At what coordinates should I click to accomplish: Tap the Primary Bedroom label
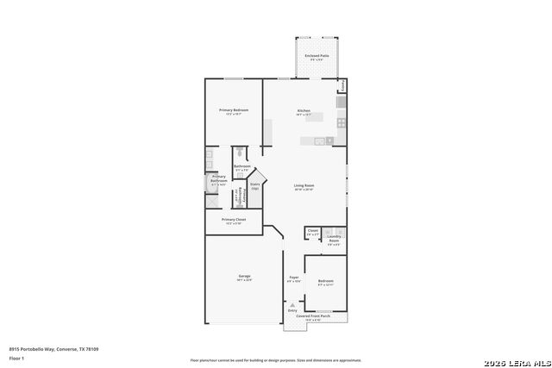(234, 110)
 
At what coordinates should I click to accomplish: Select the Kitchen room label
(304, 110)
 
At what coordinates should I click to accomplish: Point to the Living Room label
(304, 185)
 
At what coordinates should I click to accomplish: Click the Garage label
(245, 276)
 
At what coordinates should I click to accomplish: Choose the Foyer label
(293, 278)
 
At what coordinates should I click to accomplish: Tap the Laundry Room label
(333, 239)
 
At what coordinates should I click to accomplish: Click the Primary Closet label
(233, 220)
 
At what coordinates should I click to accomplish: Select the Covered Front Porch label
(314, 316)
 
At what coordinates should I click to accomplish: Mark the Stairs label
(255, 184)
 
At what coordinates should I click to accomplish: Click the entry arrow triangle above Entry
(292, 304)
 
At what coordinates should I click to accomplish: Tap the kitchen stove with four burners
(342, 122)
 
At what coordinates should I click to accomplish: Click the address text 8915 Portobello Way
(53, 348)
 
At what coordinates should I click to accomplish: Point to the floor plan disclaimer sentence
(276, 359)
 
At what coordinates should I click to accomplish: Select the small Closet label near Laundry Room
(313, 230)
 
